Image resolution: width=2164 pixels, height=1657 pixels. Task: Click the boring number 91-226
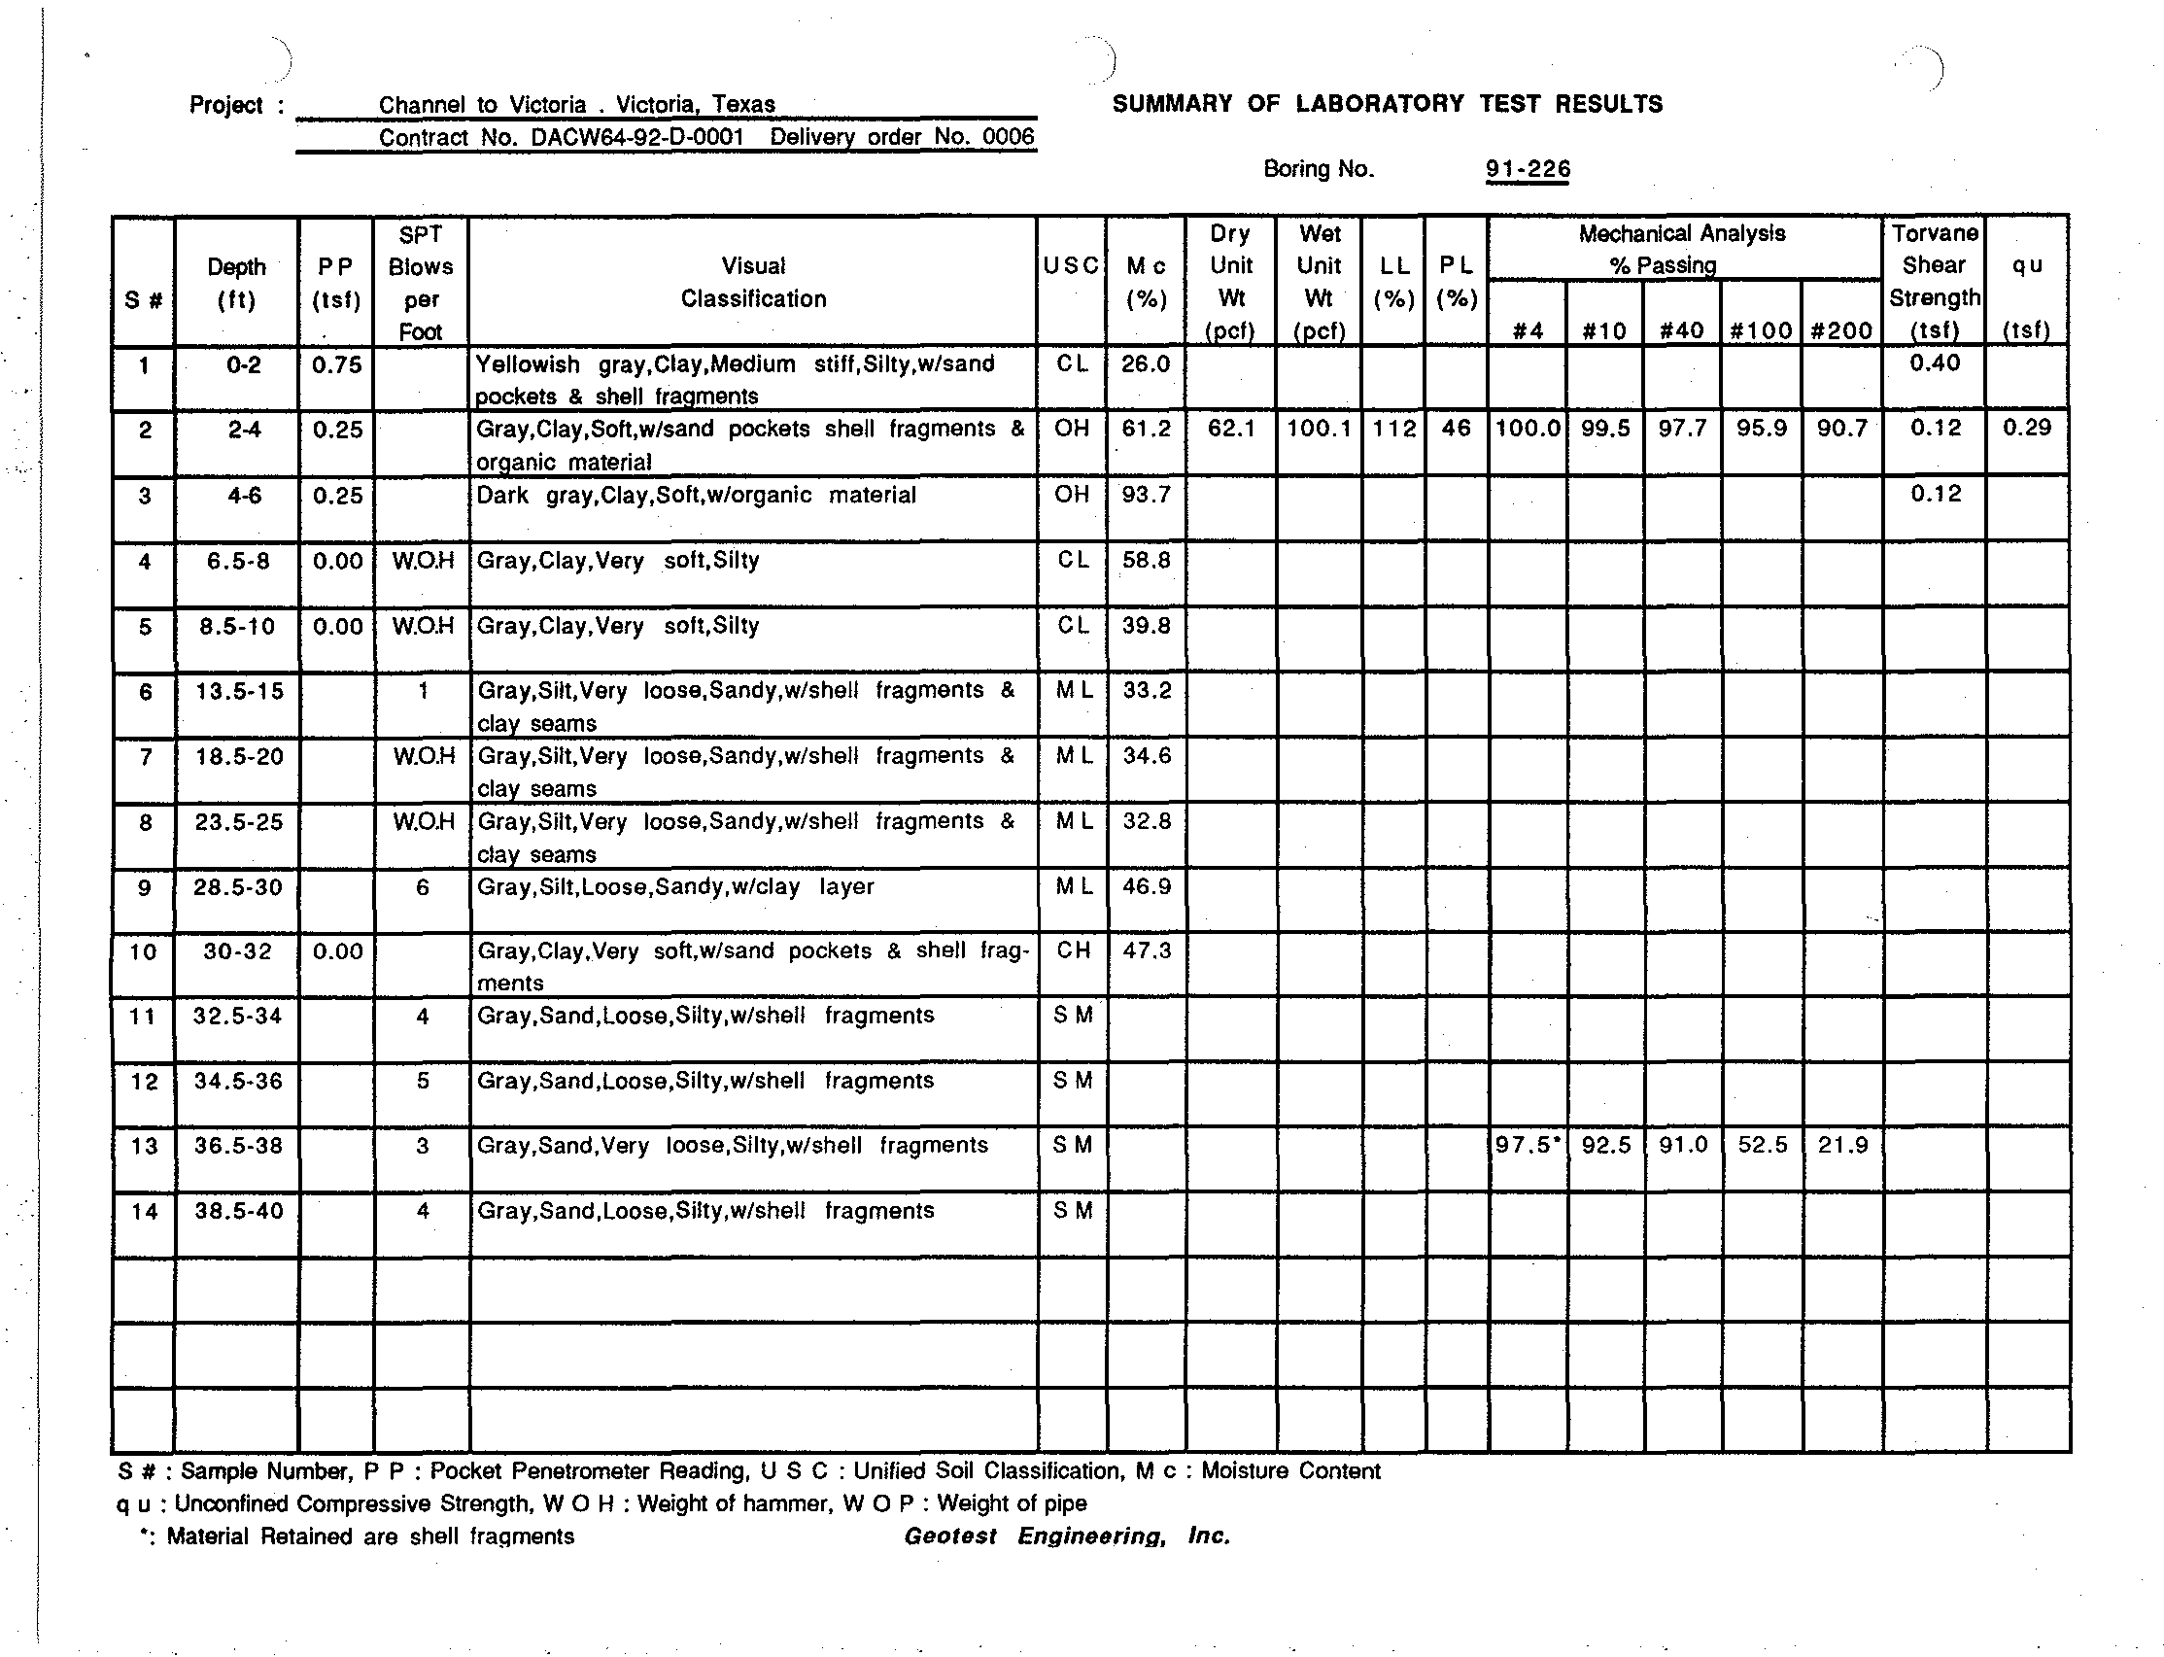(x=1527, y=170)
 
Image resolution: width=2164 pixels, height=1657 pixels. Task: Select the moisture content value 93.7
(x=1145, y=494)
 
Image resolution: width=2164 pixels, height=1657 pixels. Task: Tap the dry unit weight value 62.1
(x=1231, y=429)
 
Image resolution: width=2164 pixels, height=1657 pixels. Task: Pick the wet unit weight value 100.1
(x=1319, y=429)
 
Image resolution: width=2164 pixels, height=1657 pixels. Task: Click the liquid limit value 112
(x=1393, y=429)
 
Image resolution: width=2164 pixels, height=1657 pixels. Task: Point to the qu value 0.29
(x=2027, y=428)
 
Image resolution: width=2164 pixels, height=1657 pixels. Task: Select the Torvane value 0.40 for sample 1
(x=1934, y=362)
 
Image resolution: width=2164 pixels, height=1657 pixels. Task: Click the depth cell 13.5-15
(x=239, y=691)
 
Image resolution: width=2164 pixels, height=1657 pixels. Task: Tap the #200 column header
(x=1840, y=330)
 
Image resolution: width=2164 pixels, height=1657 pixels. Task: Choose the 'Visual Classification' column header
(x=753, y=282)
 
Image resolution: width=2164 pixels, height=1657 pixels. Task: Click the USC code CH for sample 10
(x=1072, y=950)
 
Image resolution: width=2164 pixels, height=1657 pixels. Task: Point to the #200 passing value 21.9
(x=1841, y=1146)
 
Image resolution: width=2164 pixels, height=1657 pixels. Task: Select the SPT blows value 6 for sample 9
(x=422, y=887)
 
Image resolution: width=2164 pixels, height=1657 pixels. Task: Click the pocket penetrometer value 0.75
(x=336, y=365)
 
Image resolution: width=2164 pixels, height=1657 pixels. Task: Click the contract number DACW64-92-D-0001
(x=636, y=137)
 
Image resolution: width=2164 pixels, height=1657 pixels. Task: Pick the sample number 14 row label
(x=144, y=1211)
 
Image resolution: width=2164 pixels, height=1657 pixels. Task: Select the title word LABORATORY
(x=1380, y=105)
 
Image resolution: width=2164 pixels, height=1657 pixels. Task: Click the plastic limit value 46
(x=1456, y=429)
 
